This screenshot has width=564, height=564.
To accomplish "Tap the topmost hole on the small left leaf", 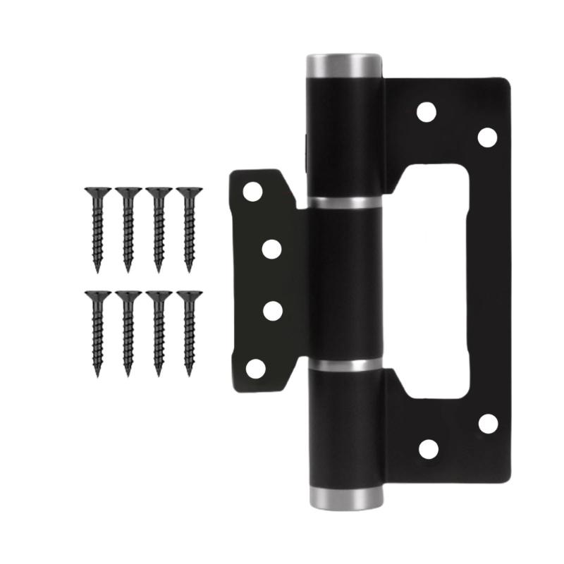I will click(253, 192).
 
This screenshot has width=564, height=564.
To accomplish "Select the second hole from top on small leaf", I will click(271, 248).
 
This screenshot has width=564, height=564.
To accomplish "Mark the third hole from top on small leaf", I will click(271, 310).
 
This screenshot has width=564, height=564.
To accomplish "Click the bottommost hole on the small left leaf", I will click(255, 367).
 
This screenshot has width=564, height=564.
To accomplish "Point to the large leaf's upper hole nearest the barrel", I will click(427, 112).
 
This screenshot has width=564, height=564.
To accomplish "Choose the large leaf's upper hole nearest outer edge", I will click(487, 137).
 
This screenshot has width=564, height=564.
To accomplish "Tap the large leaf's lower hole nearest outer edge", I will click(487, 424).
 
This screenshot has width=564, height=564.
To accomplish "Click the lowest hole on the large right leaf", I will click(428, 449).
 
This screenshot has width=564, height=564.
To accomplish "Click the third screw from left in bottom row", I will click(159, 331).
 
